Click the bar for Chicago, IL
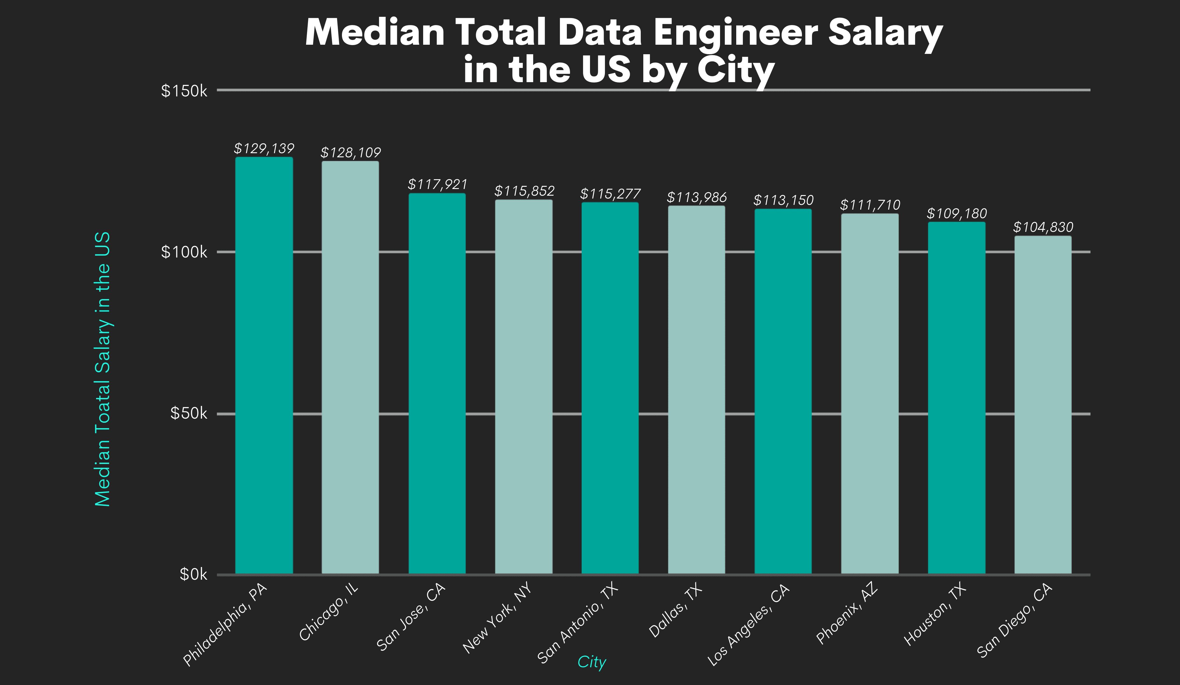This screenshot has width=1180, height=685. click(350, 368)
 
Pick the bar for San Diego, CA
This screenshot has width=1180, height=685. click(1043, 405)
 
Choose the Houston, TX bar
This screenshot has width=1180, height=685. click(957, 398)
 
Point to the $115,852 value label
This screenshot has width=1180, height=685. click(524, 191)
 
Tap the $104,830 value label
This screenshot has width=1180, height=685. click(1043, 227)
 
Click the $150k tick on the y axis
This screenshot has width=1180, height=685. click(184, 91)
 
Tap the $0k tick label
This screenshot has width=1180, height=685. click(193, 574)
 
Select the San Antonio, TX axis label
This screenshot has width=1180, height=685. click(578, 624)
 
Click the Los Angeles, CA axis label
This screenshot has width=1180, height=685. click(748, 625)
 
